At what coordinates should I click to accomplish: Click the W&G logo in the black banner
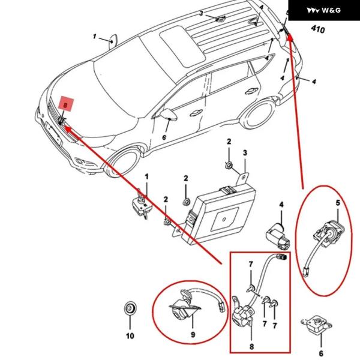point(323,10)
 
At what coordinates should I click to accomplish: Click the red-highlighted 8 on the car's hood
point(66,104)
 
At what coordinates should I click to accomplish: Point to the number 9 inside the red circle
point(193,334)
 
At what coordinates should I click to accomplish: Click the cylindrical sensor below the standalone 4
point(278,232)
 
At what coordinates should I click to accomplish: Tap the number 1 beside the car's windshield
point(95,37)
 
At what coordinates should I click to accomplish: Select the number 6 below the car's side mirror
point(164,137)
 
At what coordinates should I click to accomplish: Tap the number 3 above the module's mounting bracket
point(245,152)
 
